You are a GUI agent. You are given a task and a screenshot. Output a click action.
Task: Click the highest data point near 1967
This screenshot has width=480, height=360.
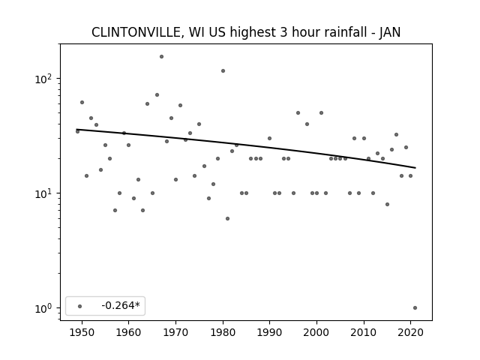coord(162,57)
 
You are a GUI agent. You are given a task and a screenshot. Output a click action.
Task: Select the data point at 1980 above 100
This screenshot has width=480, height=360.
coord(223,71)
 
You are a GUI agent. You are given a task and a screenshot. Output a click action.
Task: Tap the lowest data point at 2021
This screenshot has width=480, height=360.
coord(415,308)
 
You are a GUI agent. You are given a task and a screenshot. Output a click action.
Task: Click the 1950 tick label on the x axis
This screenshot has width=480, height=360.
coord(82,333)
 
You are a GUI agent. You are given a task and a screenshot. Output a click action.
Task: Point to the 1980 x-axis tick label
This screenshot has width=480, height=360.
coord(223,333)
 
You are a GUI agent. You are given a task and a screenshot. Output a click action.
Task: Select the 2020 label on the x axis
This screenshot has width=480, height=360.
coord(410,333)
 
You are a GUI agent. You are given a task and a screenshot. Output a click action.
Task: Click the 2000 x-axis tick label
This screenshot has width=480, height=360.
coord(316,333)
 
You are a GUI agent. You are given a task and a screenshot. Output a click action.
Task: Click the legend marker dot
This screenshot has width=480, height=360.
coord(80,306)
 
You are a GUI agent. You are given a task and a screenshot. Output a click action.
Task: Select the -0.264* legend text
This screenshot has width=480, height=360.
coord(121,305)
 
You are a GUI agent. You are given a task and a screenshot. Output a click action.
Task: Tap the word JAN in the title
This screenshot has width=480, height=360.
coord(390,32)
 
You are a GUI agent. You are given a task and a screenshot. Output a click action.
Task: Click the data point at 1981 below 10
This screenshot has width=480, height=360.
coord(227,218)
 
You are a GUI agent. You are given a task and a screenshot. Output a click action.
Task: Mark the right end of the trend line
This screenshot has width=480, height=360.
coord(415,168)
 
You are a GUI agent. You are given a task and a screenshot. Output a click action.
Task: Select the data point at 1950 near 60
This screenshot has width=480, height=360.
coord(82,103)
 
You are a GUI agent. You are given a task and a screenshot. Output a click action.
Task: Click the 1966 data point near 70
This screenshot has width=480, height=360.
coord(157,95)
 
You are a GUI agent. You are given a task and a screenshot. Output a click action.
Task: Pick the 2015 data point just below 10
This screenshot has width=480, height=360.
coord(387,205)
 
